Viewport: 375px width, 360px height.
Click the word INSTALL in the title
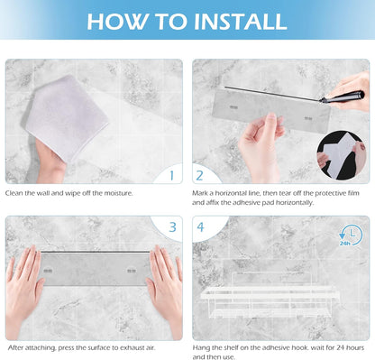pos(241,22)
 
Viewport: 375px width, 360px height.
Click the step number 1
pos(172,176)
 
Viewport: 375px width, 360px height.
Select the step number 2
pos(199,176)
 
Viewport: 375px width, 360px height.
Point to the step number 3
pos(172,227)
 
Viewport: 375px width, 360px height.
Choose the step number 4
pos(200,227)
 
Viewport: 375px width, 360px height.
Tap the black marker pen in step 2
pos(343,97)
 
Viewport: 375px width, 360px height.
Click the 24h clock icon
pos(351,235)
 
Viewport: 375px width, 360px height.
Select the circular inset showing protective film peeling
pos(342,155)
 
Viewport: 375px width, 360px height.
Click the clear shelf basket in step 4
pos(270,295)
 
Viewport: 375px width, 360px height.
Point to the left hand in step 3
pos(24,289)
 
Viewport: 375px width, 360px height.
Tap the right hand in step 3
pos(165,289)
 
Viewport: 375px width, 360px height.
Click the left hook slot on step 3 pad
pos(48,271)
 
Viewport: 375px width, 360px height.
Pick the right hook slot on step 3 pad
pos(132,271)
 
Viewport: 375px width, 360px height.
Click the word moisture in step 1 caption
pos(118,193)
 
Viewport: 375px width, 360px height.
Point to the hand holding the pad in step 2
pos(261,147)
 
